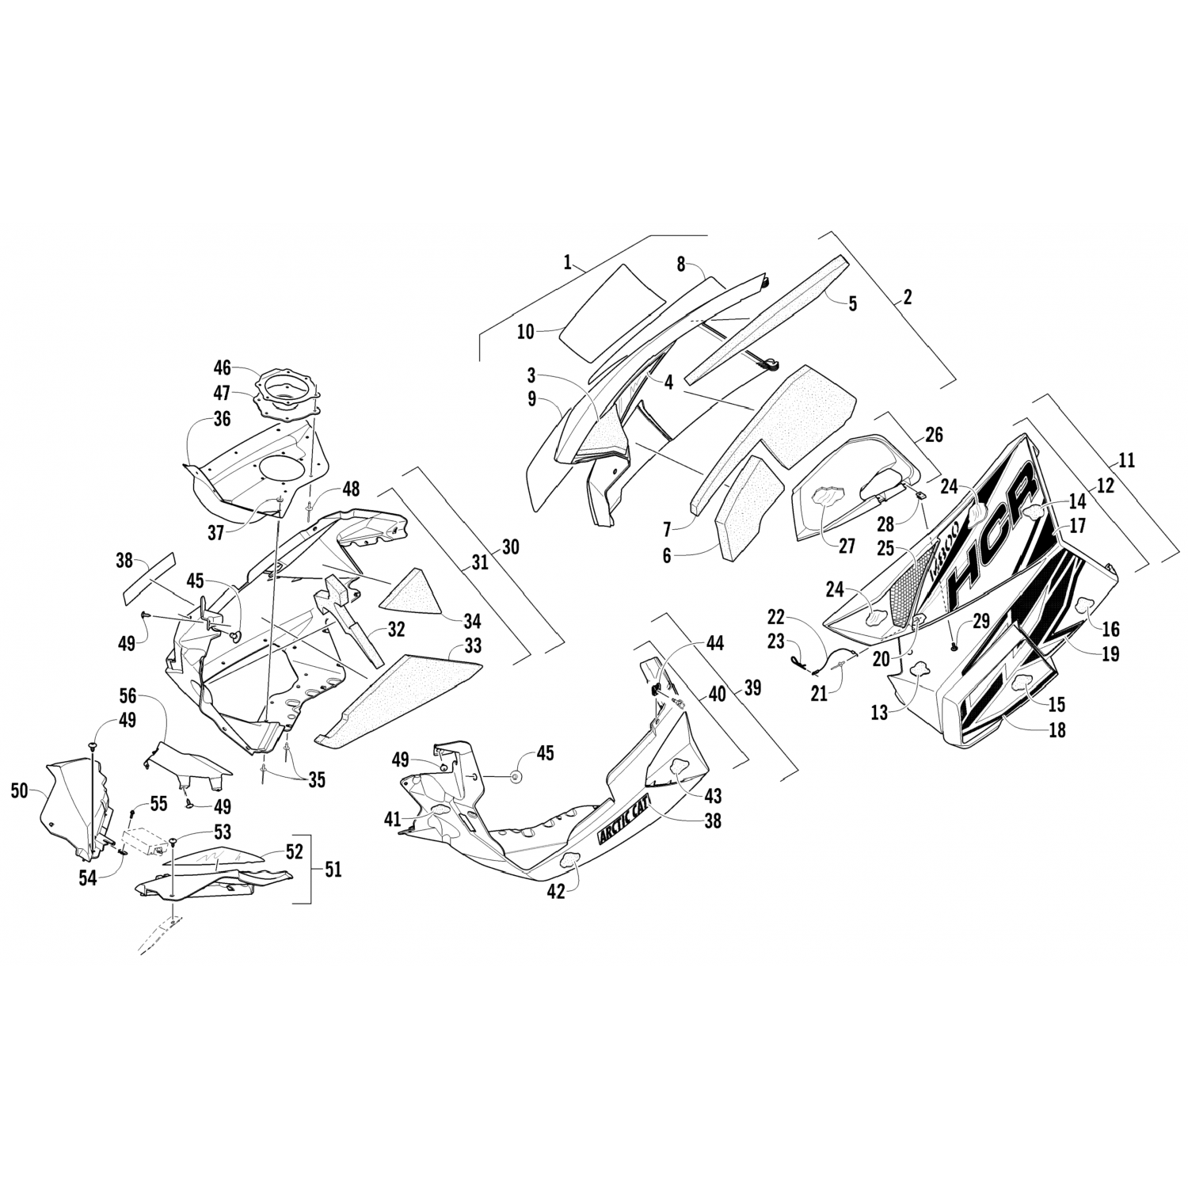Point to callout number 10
(526, 331)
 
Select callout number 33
(472, 646)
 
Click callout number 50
(21, 789)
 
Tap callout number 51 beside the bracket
(333, 869)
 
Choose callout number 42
(556, 890)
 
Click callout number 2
(907, 297)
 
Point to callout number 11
(1126, 459)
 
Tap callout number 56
(128, 696)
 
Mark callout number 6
(666, 555)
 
